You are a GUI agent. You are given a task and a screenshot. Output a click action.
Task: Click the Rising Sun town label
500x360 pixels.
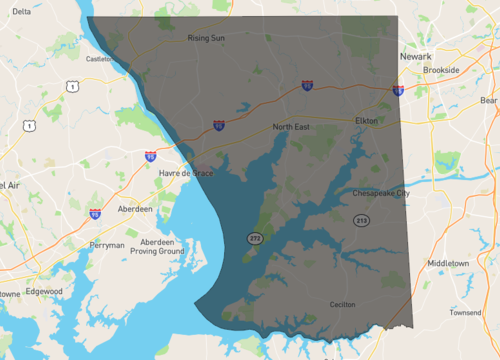pyautogui.click(x=207, y=39)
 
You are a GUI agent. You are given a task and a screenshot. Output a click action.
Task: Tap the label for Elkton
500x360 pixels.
pyautogui.click(x=366, y=120)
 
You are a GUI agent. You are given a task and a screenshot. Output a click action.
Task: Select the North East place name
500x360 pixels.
pyautogui.click(x=293, y=127)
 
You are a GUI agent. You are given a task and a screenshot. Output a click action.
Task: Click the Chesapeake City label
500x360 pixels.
pyautogui.click(x=380, y=193)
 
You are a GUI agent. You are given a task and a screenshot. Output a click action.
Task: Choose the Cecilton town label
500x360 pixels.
pyautogui.click(x=342, y=303)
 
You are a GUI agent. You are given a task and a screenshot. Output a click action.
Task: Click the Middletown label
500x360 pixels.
pyautogui.click(x=448, y=263)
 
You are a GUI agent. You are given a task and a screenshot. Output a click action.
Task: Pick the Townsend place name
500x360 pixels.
pyautogui.click(x=465, y=312)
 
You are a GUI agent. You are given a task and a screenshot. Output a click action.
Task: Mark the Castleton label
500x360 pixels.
pyautogui.click(x=97, y=59)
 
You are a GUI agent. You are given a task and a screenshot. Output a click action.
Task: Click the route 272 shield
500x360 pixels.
pyautogui.click(x=255, y=238)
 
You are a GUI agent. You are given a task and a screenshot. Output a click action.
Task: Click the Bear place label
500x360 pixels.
pyautogui.click(x=488, y=100)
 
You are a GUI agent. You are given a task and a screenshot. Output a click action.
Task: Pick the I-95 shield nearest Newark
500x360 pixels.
pyautogui.click(x=398, y=91)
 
